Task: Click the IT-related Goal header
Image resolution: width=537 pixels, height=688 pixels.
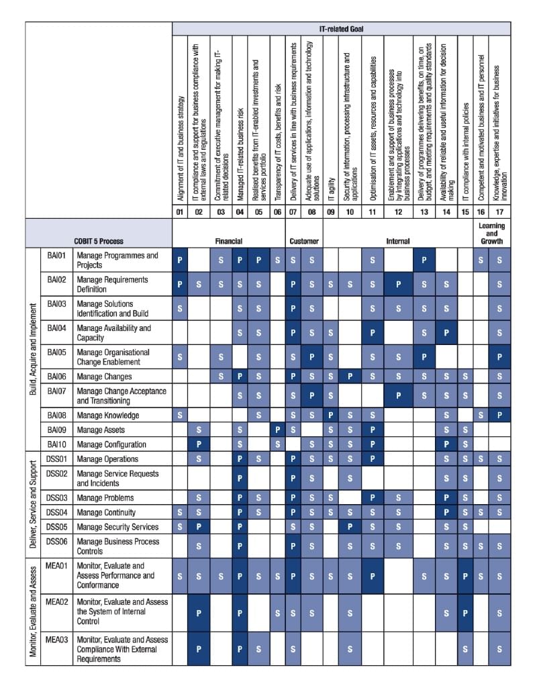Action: point(341,29)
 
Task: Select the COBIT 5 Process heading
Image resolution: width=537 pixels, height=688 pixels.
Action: point(99,241)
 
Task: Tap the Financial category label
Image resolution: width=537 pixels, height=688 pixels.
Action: point(228,241)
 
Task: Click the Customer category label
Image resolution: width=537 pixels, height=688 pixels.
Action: point(304,241)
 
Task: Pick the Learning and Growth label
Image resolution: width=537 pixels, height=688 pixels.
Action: point(492,234)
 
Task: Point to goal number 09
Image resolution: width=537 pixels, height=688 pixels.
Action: point(330,213)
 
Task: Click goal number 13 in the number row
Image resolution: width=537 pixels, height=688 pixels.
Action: point(424,213)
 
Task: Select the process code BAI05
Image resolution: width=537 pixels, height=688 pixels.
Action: point(56,352)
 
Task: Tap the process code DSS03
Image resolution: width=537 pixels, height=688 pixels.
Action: point(57,498)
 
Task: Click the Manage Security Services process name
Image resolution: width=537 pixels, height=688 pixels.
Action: point(117,527)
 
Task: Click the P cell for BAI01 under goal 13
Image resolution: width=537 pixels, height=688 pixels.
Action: point(424,260)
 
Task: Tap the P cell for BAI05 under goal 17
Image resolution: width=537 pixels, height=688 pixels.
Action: point(499,356)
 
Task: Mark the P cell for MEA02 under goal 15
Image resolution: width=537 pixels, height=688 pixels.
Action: point(465,612)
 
